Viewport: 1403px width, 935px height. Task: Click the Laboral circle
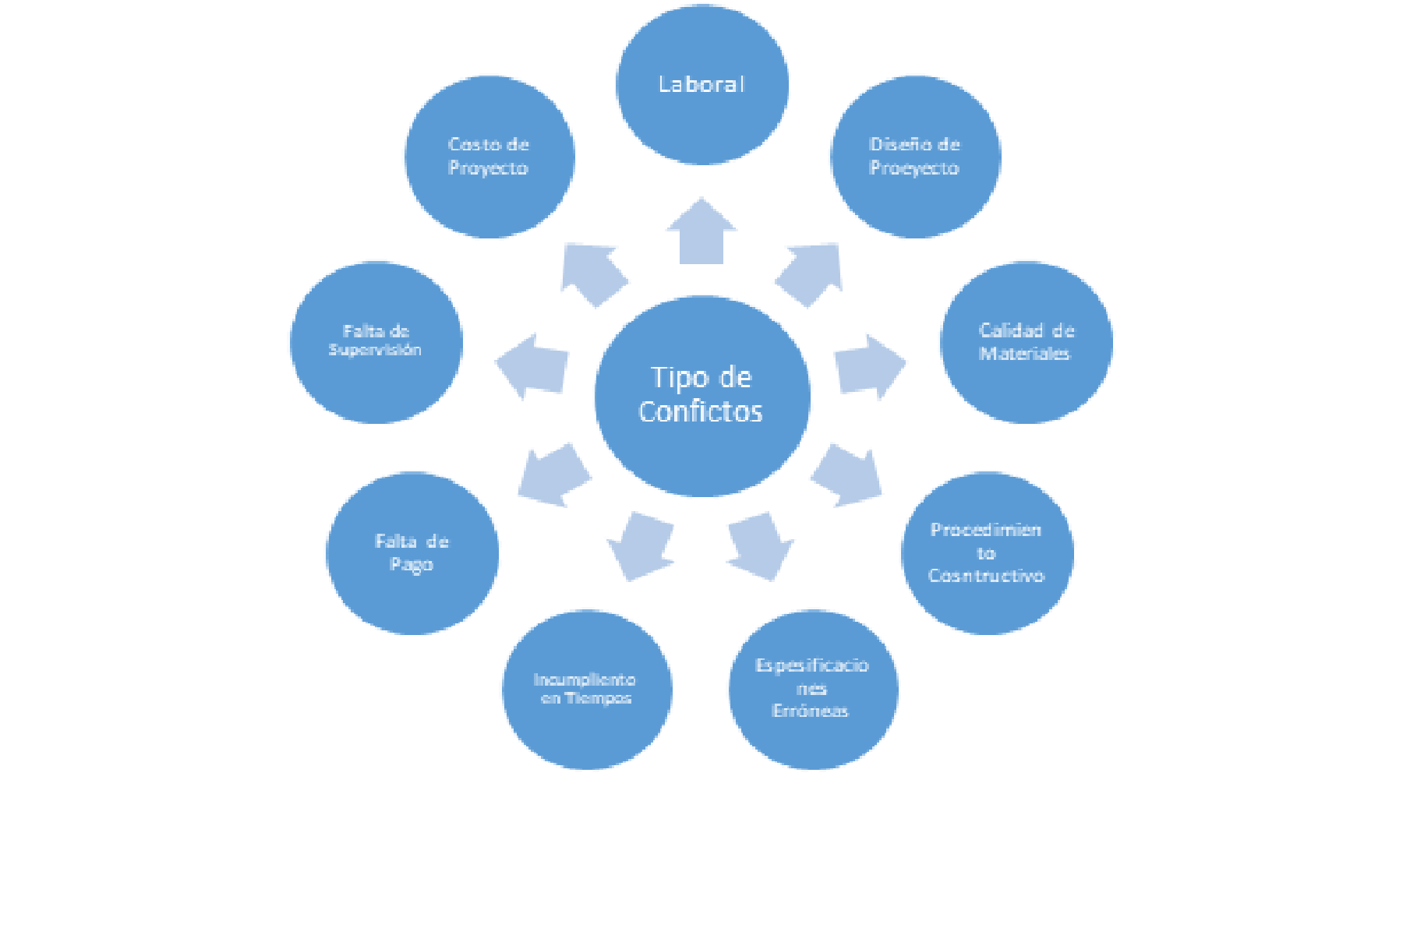701,84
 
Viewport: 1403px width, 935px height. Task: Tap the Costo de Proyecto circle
489,156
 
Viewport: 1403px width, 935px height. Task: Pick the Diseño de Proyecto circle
915,156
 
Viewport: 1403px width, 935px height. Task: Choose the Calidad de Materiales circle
1026,343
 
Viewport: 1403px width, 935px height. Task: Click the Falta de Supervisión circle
376,343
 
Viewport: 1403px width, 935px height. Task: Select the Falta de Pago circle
412,553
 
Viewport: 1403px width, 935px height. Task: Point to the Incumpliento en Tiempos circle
586,690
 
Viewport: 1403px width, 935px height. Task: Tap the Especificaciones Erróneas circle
813,690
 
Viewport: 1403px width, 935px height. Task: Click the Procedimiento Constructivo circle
987,553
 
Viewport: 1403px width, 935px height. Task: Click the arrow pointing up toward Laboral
701,234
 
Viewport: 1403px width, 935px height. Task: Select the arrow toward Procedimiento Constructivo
849,475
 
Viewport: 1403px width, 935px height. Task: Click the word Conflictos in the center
700,411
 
